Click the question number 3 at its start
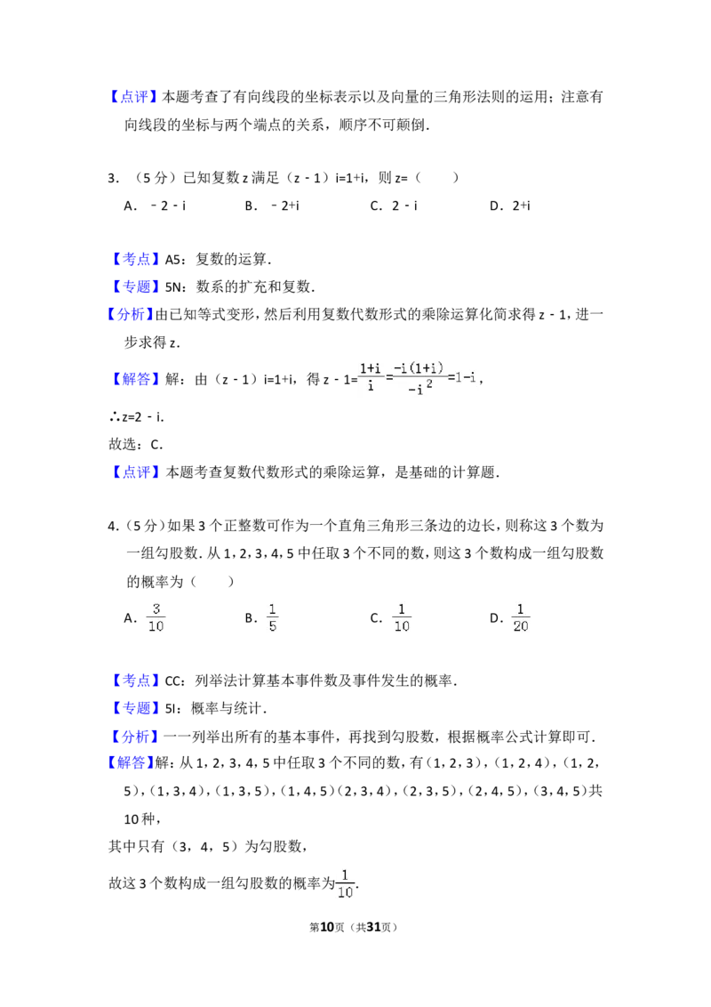[x=113, y=179]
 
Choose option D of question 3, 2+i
[x=521, y=206]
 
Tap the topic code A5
[x=172, y=260]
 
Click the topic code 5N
[x=173, y=287]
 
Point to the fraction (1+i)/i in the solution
[x=371, y=377]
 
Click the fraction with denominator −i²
[x=419, y=378]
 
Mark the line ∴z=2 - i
[x=137, y=417]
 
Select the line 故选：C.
[x=135, y=445]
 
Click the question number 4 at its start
[x=113, y=527]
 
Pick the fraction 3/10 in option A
[x=156, y=618]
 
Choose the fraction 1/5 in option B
[x=273, y=618]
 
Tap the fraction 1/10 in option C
[x=402, y=618]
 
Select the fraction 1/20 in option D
[x=521, y=618]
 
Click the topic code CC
[x=174, y=681]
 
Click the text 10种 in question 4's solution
[x=140, y=819]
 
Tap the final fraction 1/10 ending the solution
[x=345, y=883]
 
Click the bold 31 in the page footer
[x=372, y=927]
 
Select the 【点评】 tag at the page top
[x=132, y=97]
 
